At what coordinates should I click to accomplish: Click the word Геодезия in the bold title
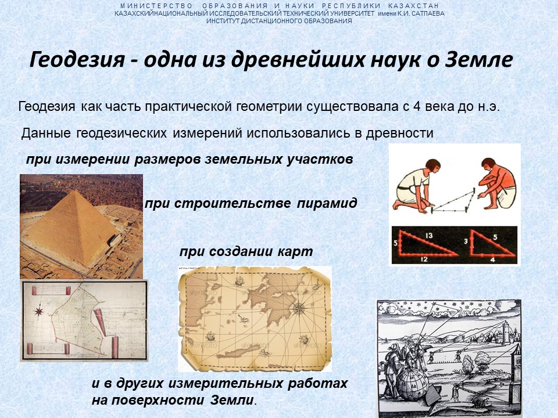coord(77,60)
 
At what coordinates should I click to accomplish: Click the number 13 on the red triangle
coord(429,235)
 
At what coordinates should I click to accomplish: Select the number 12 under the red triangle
coord(424,259)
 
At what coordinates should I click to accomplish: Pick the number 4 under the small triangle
coord(492,260)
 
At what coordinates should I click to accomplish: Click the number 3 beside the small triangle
coord(466,242)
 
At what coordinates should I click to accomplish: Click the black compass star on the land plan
coord(39,312)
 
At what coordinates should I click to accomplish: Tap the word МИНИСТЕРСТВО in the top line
coord(156,6)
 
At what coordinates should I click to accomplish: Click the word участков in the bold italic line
coord(320,159)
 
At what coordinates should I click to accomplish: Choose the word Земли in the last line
coord(232,400)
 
